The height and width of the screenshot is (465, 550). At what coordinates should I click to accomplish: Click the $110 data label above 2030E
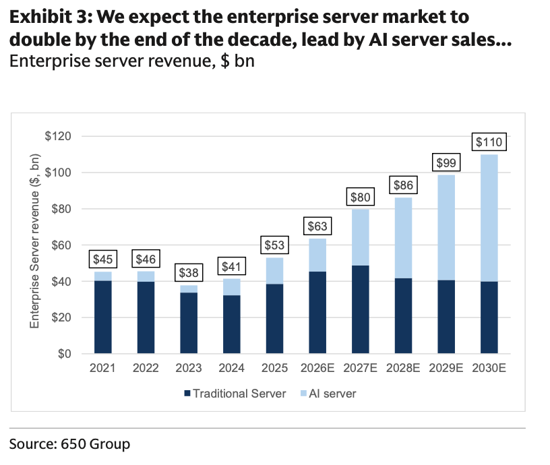coord(489,142)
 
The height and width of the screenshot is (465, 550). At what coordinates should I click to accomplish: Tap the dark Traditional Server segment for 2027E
coord(360,309)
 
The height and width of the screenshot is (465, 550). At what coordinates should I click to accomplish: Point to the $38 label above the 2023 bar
coord(189,273)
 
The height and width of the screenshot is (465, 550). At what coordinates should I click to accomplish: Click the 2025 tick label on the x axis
coord(274,368)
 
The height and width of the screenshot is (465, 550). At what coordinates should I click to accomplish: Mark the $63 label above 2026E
coord(317,225)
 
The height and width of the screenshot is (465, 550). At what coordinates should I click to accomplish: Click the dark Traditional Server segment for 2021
coord(102,317)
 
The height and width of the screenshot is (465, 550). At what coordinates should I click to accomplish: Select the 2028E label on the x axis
coord(403,368)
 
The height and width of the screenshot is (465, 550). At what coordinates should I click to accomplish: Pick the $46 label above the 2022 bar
coord(146,258)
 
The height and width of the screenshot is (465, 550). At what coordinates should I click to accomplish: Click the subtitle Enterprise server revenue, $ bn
coord(131,63)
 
